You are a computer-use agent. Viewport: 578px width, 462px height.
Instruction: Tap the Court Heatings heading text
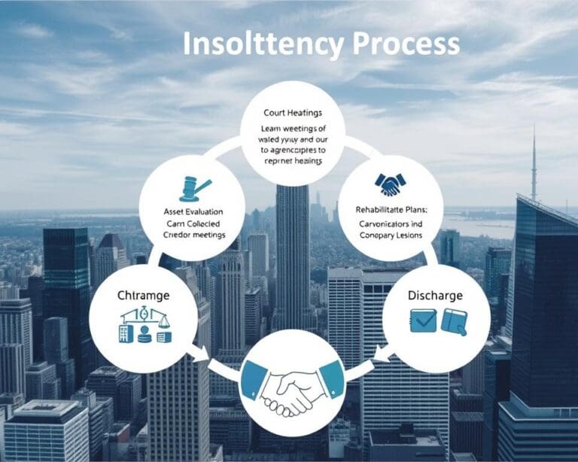[x=291, y=113]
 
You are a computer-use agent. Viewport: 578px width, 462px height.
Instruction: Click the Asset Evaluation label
[x=193, y=211]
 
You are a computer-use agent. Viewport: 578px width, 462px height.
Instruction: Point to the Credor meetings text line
[x=194, y=236]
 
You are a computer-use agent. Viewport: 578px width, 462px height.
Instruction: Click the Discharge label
[x=435, y=296]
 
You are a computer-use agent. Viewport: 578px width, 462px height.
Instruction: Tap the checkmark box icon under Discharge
[x=424, y=321]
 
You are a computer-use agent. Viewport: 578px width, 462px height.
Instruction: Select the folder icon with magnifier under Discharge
[x=455, y=321]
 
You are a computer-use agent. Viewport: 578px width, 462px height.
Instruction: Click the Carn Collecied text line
[x=194, y=223]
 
